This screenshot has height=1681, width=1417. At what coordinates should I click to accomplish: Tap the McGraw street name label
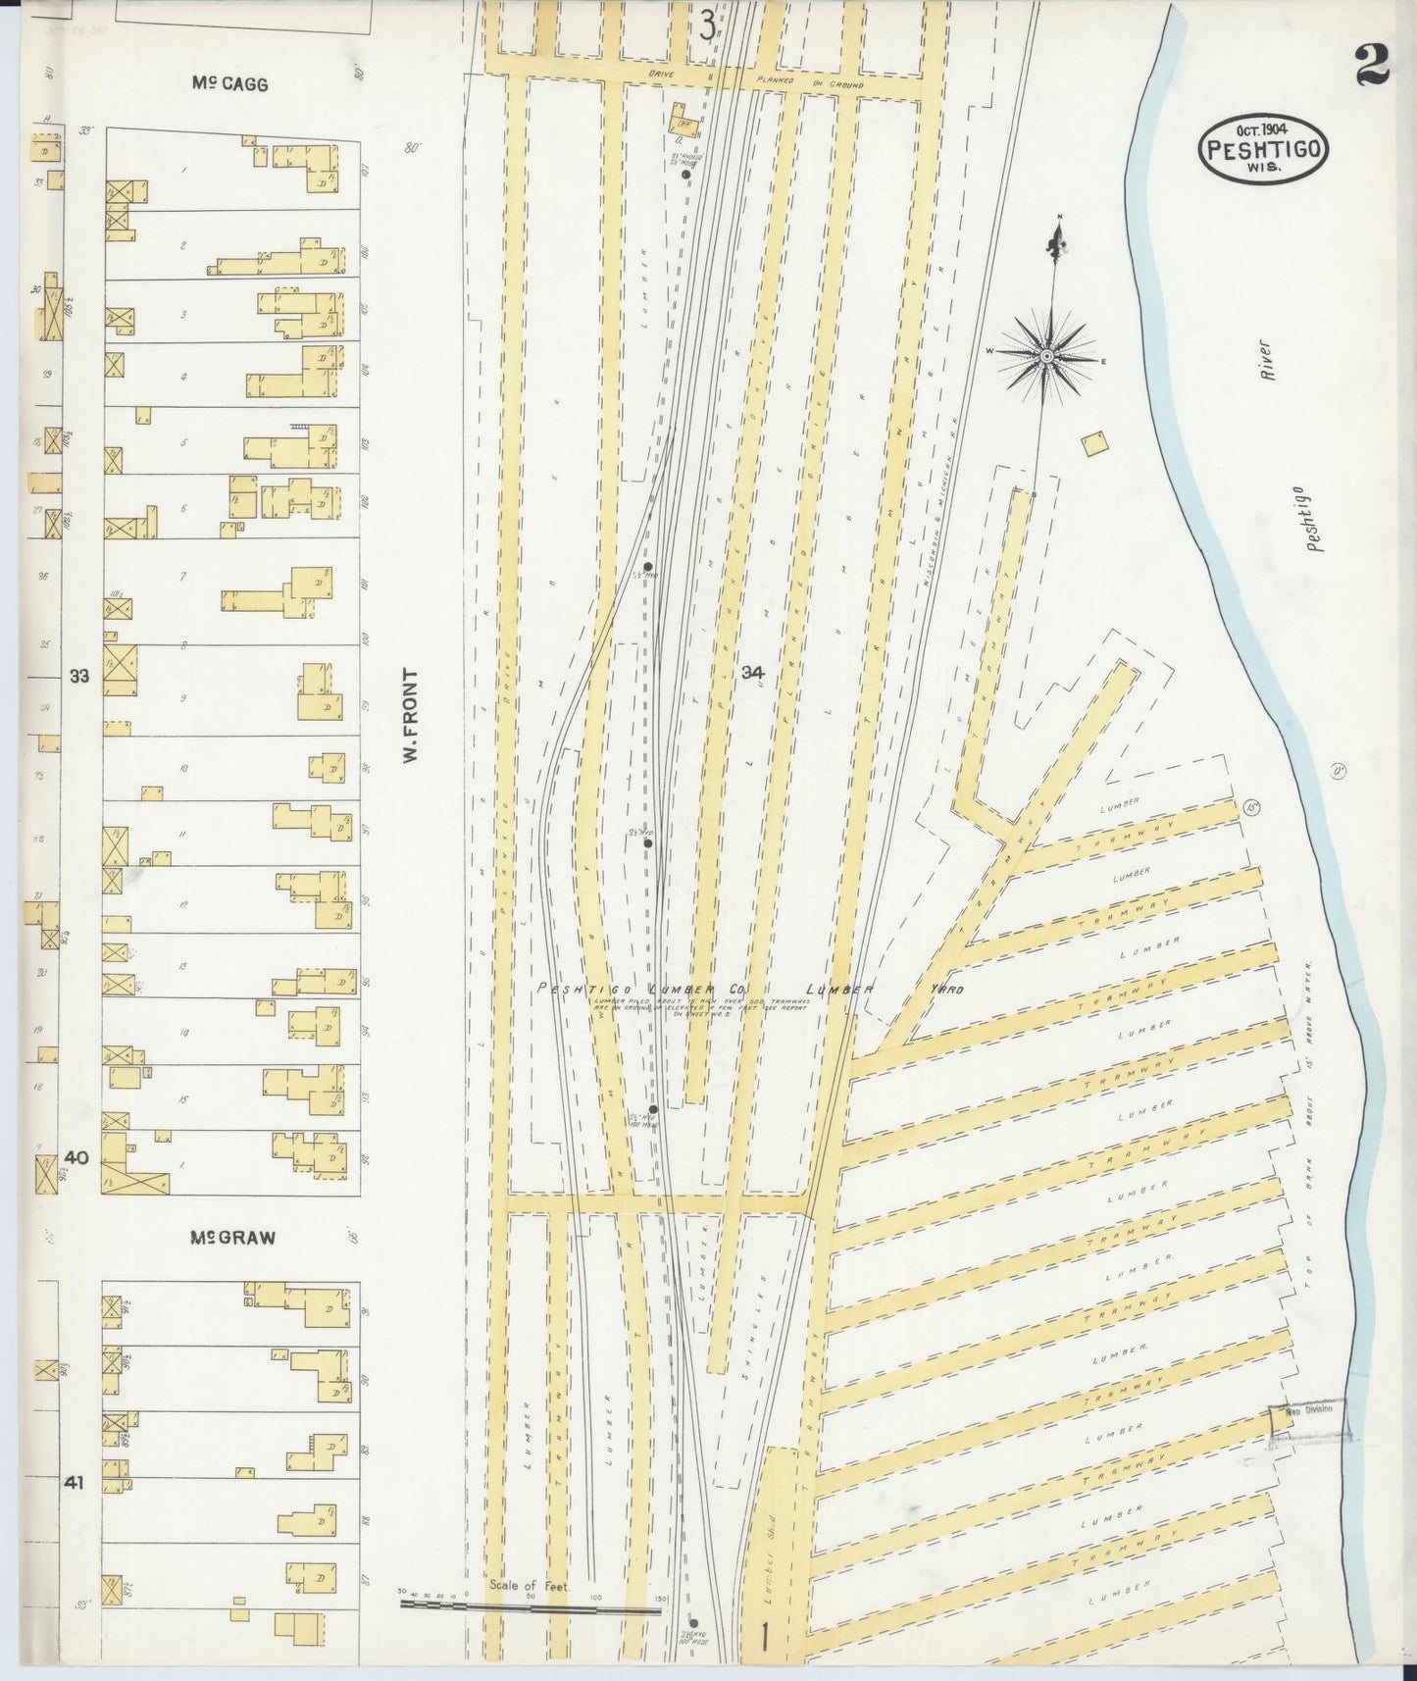232,1238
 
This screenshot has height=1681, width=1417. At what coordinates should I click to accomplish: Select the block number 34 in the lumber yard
753,673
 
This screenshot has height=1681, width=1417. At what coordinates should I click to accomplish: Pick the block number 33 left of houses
79,676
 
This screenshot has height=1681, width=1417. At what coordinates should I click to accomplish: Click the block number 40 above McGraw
76,1157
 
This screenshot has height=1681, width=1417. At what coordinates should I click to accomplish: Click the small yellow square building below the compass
1093,443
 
